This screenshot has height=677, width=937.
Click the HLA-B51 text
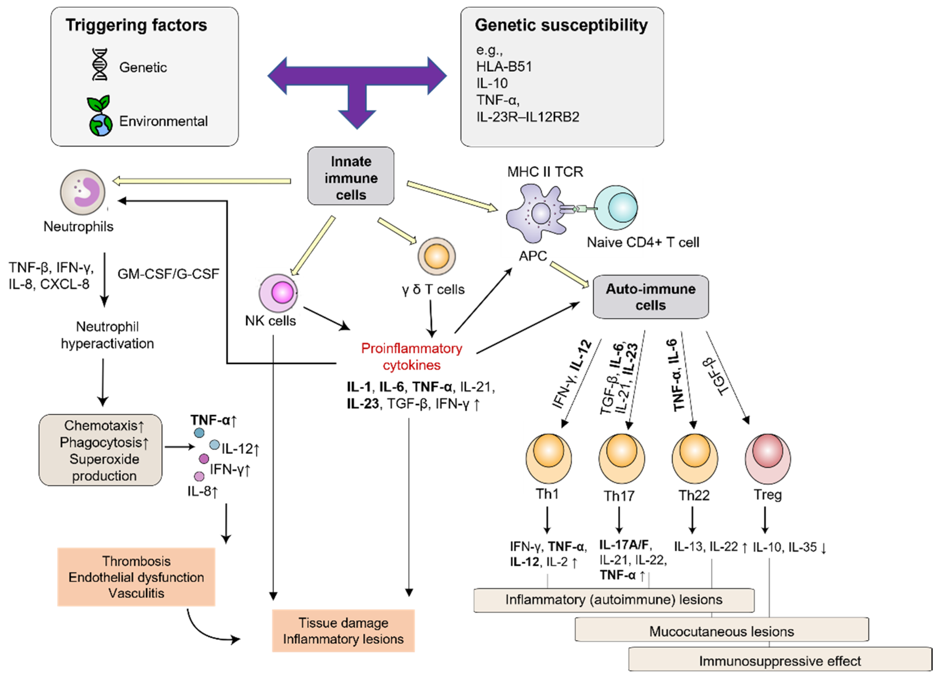pyautogui.click(x=504, y=67)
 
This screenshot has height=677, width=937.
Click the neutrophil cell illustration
pyautogui.click(x=83, y=192)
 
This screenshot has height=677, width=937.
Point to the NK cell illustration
pyautogui.click(x=278, y=293)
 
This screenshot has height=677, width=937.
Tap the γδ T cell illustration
pyautogui.click(x=437, y=256)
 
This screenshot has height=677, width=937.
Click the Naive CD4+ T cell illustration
pyautogui.click(x=616, y=208)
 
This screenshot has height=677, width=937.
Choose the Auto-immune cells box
pyautogui.click(x=651, y=297)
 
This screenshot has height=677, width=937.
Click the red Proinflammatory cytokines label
pyautogui.click(x=412, y=356)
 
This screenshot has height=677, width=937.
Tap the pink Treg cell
pyautogui.click(x=768, y=458)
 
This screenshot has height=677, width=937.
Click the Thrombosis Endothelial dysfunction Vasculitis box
pyautogui.click(x=136, y=577)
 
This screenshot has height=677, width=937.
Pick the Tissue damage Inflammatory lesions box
pyautogui.click(x=343, y=631)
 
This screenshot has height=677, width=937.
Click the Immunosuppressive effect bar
pyautogui.click(x=780, y=661)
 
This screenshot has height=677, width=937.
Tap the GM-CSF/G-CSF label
pyautogui.click(x=168, y=274)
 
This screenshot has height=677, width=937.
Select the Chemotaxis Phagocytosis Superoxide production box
pyautogui.click(x=100, y=450)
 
